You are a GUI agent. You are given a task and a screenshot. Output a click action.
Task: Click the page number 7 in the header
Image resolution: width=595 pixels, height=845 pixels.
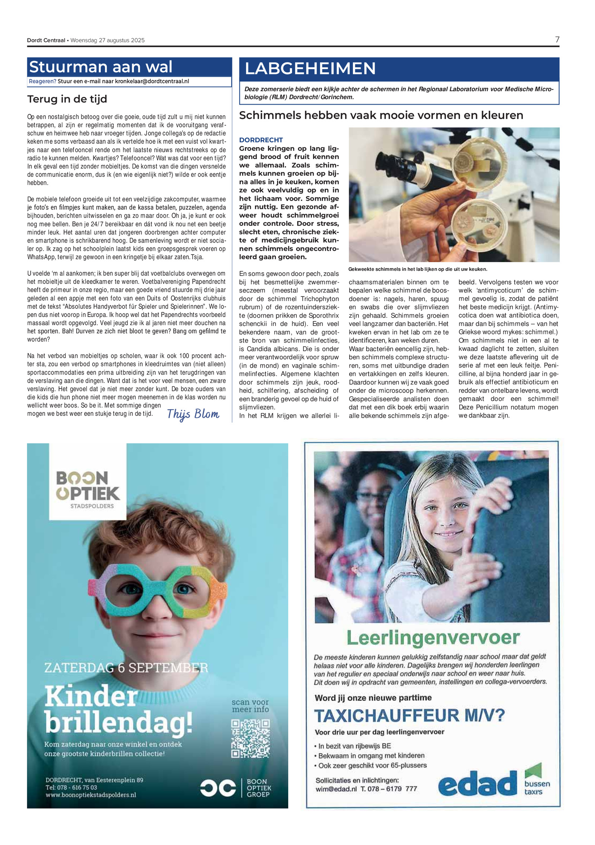point(557,39)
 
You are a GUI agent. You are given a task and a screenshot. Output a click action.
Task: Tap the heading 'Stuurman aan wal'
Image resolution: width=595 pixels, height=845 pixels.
point(100,67)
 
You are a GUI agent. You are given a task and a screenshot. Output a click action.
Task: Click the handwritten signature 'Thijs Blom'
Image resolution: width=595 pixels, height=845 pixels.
point(193,414)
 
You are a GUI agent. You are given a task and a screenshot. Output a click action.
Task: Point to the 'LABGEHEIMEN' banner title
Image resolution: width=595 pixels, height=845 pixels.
point(310,69)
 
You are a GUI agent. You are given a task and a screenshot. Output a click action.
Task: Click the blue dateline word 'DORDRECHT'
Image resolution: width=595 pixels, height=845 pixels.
point(261,140)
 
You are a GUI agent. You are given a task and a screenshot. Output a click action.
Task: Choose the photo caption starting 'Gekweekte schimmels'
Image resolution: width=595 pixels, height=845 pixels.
point(417,269)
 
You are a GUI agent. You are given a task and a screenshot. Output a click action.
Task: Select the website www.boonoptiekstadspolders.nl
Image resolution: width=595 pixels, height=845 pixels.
point(91,795)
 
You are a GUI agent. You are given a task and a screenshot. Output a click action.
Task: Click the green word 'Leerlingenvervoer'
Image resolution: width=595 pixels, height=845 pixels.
point(433,638)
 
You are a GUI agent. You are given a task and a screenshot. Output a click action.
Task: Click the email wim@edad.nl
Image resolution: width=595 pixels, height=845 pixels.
point(336,789)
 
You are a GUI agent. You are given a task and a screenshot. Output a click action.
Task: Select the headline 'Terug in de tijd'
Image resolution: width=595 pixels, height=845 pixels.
point(67,99)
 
